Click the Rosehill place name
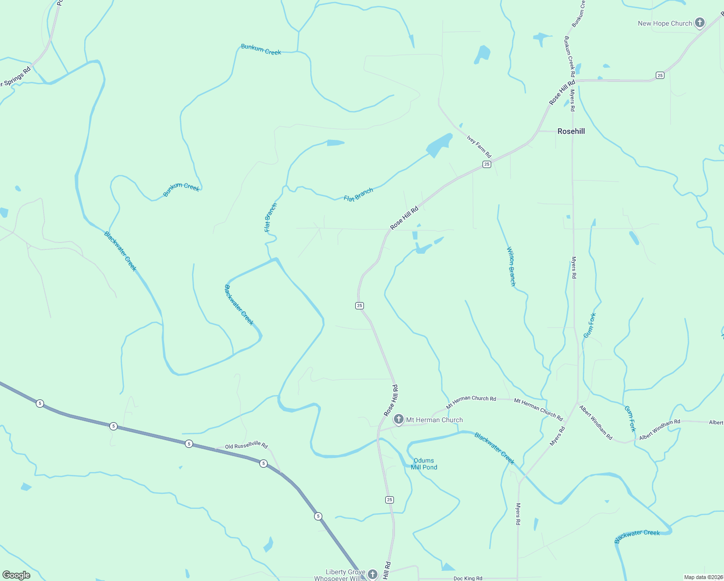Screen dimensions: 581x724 point(571,131)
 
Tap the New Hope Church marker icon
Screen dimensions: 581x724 point(699,23)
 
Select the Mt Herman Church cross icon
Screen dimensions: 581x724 point(398,419)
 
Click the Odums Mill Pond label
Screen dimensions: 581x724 point(424,464)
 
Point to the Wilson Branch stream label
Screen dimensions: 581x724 point(511,266)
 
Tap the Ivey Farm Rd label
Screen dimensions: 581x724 point(479,146)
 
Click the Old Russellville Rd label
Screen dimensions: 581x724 point(246,445)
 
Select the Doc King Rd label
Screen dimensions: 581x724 point(468,578)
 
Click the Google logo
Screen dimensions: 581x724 point(16,575)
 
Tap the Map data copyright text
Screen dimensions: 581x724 point(703,577)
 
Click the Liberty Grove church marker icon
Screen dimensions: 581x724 point(372,574)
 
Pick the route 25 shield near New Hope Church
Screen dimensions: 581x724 point(660,75)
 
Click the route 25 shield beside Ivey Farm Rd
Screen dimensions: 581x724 point(487,165)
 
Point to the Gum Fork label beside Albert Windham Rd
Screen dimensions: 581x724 point(630,419)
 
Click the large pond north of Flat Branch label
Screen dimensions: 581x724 point(438,145)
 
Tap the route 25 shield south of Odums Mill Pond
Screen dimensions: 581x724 point(390,500)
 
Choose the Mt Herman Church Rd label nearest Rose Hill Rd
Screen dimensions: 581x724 point(471,401)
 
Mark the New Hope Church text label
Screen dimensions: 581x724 point(665,23)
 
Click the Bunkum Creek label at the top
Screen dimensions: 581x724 point(261,49)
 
